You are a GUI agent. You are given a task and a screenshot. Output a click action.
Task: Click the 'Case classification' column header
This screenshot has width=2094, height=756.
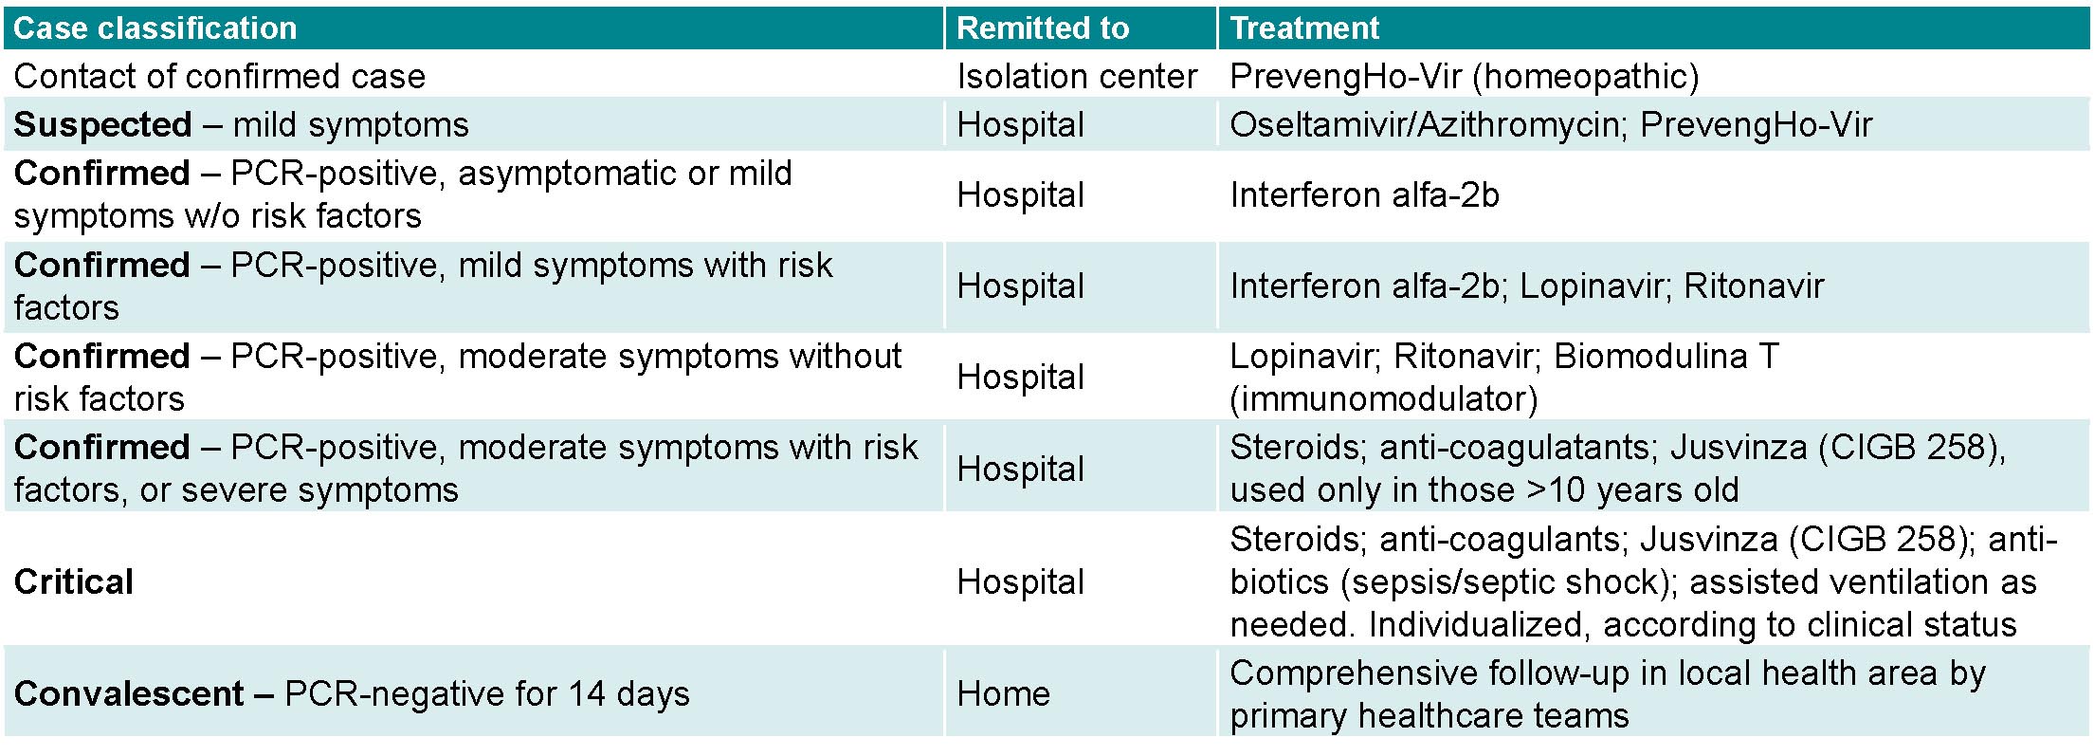pos(155,28)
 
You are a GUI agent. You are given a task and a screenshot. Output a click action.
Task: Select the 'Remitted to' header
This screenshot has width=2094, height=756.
pos(1043,28)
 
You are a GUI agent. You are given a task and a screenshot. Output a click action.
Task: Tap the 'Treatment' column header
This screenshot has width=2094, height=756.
pos(1304,28)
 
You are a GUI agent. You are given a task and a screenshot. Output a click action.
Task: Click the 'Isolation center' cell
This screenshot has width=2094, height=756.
pos(1077,77)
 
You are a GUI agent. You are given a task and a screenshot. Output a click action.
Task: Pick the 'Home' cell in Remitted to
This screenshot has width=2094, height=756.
pos(1004,694)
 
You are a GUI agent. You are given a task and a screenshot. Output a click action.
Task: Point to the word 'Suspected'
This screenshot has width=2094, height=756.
pos(103,125)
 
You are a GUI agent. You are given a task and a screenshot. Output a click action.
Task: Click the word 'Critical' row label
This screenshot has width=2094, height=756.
pos(74,582)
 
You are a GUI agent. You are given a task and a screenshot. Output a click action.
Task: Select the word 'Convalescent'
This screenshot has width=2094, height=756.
pos(129,694)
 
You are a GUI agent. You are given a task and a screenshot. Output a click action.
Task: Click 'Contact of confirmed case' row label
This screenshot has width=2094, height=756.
pos(220,77)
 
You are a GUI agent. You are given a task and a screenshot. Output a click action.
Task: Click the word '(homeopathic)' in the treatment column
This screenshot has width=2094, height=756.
pos(1586,77)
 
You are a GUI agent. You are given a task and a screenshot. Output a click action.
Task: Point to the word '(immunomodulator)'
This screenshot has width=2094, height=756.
pos(1384,399)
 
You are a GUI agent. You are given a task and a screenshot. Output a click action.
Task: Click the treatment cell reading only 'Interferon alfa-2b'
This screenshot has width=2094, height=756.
pos(1365,195)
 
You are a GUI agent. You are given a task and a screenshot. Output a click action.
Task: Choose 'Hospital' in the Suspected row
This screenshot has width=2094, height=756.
pos(1021,125)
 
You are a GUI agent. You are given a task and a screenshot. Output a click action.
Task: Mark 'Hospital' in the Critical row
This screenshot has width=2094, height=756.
pos(1021,582)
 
